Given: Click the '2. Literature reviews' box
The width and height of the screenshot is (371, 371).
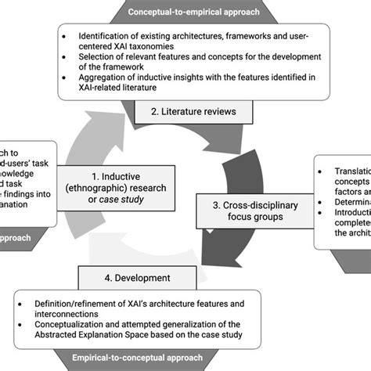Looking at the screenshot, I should pyautogui.click(x=194, y=112).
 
